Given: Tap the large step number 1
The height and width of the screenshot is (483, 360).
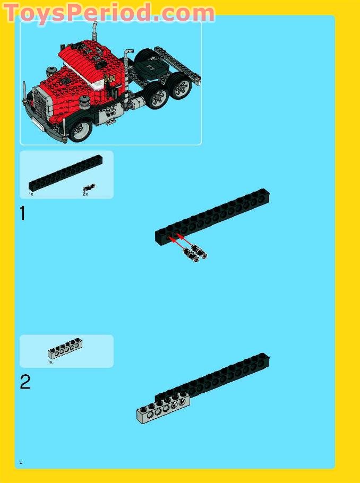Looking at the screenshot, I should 23,213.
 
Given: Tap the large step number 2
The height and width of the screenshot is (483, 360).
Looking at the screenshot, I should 25,382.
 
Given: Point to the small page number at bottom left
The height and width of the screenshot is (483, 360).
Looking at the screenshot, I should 21,462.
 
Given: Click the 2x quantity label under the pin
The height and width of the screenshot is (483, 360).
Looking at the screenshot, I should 85,194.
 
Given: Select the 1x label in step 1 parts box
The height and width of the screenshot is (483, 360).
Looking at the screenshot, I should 31,194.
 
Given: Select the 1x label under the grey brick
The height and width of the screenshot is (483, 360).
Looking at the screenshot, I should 50,362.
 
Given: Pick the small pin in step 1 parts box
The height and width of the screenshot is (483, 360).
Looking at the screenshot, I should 89,187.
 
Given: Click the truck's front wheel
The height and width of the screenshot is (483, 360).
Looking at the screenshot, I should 81,130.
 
